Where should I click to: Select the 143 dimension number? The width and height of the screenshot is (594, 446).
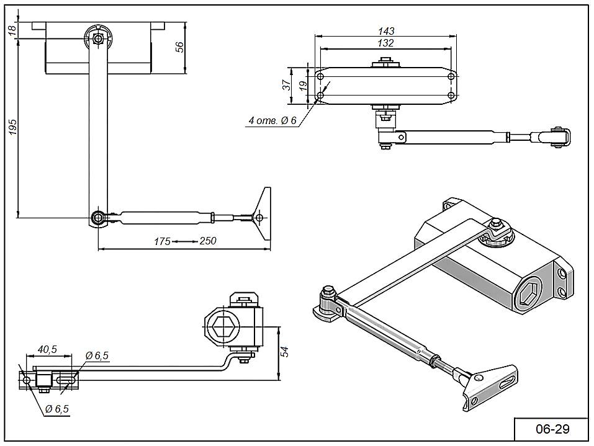pos(386,31)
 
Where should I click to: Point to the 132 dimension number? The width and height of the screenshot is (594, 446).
pos(386,43)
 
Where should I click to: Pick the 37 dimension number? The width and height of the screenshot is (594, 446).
pos(287,84)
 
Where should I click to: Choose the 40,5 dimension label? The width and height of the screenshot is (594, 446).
pos(47,350)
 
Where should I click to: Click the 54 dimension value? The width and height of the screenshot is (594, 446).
pos(286,352)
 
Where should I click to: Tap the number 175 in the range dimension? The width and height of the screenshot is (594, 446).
pos(162,241)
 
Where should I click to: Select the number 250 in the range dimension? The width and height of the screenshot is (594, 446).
pos(208,241)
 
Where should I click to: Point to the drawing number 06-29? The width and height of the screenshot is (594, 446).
pos(552,429)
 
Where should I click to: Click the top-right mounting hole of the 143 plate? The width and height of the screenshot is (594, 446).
pos(451,76)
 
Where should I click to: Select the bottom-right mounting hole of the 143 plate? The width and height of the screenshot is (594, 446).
pos(451,96)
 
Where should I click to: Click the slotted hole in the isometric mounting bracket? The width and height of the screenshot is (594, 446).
pos(509,380)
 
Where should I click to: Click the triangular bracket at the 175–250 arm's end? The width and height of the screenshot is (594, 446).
pos(263,215)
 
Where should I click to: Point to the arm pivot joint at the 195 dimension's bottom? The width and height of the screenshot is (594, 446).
pos(98,218)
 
